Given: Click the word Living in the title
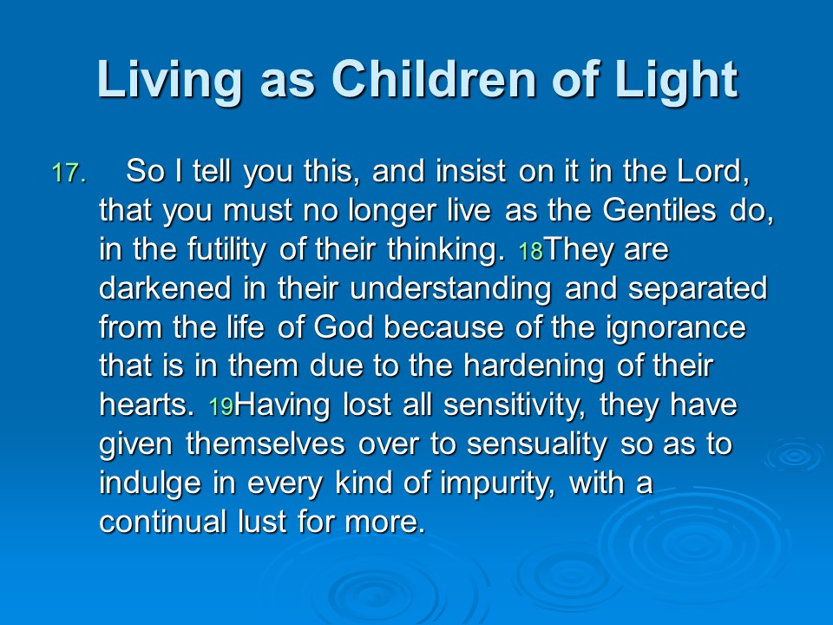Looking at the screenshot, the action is pyautogui.click(x=169, y=80).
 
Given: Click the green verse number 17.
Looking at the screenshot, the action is pyautogui.click(x=69, y=174).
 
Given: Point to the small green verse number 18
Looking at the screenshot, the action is pyautogui.click(x=531, y=251).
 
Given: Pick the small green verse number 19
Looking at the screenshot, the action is pyautogui.click(x=221, y=406).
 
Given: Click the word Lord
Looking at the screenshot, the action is pyautogui.click(x=713, y=171).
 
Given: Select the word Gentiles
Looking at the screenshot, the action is pyautogui.click(x=659, y=210).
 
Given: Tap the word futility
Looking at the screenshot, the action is pyautogui.click(x=226, y=250).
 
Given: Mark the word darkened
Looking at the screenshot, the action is pyautogui.click(x=165, y=288).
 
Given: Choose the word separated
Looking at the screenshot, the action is pyautogui.click(x=698, y=289).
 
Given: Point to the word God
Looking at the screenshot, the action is pyautogui.click(x=344, y=327).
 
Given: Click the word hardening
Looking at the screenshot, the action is pyautogui.click(x=534, y=367).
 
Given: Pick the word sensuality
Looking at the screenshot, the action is pyautogui.click(x=536, y=444).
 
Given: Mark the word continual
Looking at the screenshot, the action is pyautogui.click(x=162, y=522).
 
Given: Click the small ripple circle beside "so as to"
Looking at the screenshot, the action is pyautogui.click(x=795, y=455).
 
